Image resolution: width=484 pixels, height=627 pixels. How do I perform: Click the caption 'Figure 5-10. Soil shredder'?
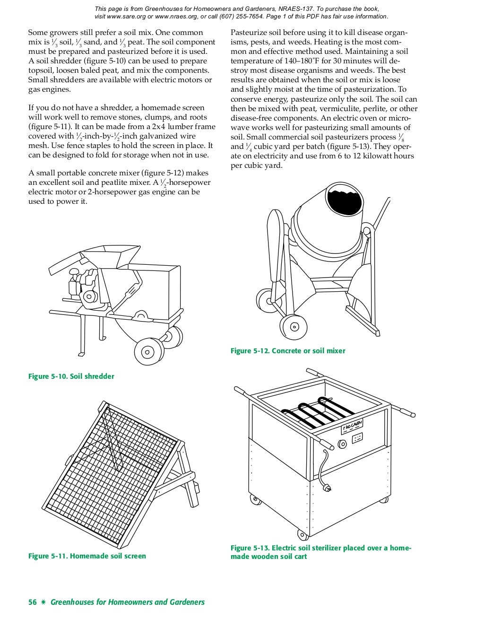pyautogui.click(x=71, y=376)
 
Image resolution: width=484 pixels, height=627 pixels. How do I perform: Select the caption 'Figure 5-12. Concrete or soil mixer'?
pyautogui.click(x=288, y=351)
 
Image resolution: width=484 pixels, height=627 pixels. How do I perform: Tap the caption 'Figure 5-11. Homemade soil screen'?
pyautogui.click(x=87, y=556)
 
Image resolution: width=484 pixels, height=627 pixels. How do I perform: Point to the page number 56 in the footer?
pyautogui.click(x=32, y=602)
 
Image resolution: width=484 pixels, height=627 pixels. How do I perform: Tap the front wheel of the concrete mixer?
pyautogui.click(x=294, y=326)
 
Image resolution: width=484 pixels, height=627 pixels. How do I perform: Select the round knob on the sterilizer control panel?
pyautogui.click(x=342, y=444)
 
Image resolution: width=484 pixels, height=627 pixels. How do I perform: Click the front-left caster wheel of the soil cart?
pyautogui.click(x=254, y=499)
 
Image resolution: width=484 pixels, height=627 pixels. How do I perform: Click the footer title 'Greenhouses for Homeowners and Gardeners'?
pyautogui.click(x=128, y=602)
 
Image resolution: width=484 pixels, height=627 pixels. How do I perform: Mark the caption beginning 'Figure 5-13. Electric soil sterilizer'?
pyautogui.click(x=321, y=552)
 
